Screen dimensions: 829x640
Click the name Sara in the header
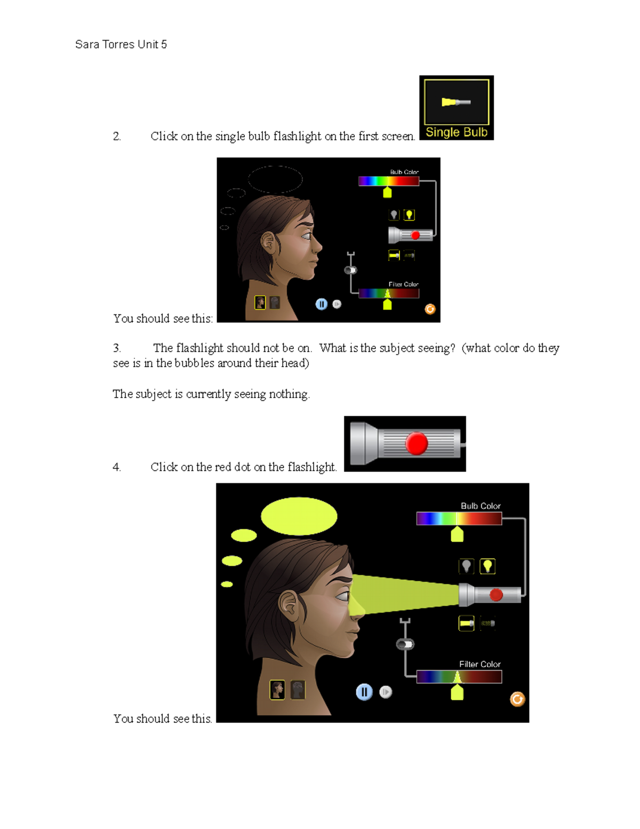coord(87,44)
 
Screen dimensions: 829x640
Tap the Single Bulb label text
coord(457,132)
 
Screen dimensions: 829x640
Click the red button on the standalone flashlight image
coord(417,444)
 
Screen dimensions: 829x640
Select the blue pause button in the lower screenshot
coord(364,692)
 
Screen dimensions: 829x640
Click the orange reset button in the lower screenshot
coord(517,699)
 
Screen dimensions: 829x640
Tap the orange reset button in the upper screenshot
coord(430,309)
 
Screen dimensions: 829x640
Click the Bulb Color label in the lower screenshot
coord(481,506)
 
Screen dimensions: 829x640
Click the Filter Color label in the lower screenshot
coord(479,664)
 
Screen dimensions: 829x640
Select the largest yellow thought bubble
coord(299,516)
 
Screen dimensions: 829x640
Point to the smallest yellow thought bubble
coord(227,584)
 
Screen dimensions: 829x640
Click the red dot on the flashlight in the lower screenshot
coord(496,595)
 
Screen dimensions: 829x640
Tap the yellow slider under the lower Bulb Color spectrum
coord(457,534)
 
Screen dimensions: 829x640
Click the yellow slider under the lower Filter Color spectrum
coord(457,693)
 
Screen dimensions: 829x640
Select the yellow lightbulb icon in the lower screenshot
coord(487,566)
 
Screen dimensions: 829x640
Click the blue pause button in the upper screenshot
coord(321,304)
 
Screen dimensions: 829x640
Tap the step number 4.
coord(117,467)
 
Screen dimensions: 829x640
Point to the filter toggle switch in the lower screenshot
coord(405,644)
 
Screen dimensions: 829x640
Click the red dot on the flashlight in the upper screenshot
coord(415,235)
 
